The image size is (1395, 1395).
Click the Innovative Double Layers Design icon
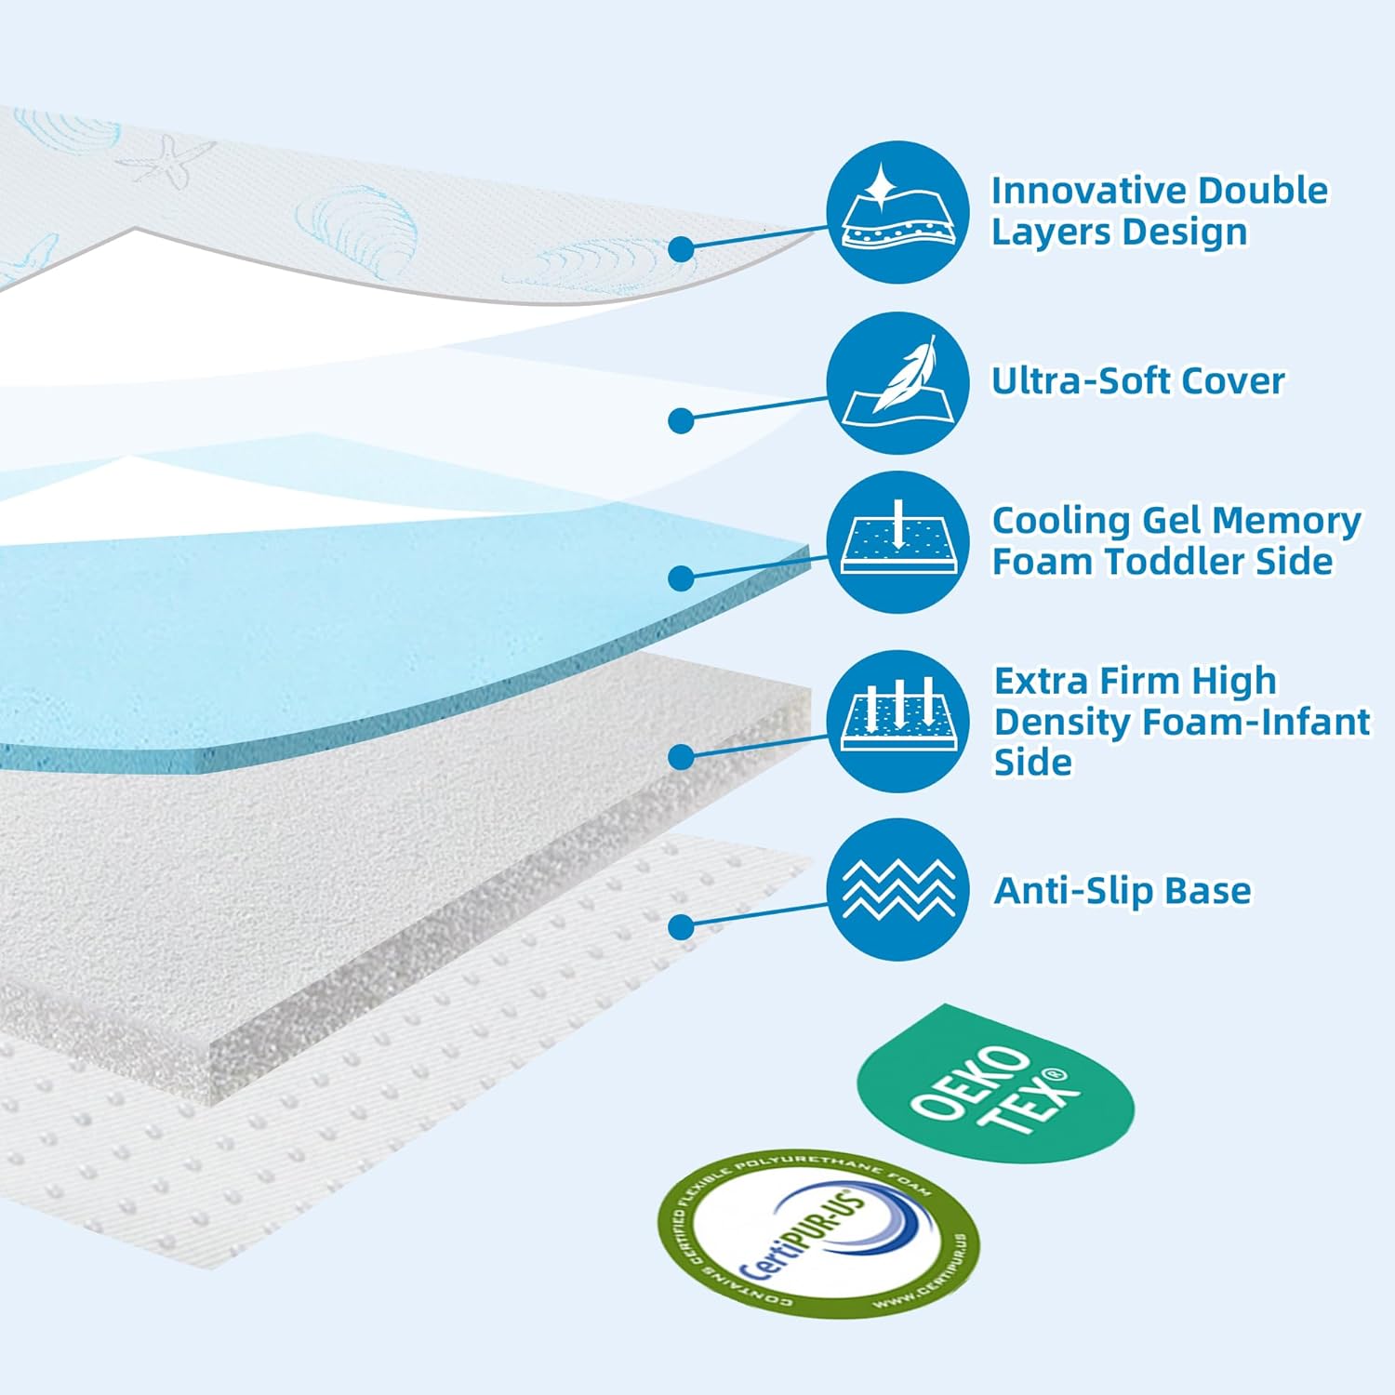tap(897, 212)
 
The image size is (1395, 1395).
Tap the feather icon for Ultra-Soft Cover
tap(897, 383)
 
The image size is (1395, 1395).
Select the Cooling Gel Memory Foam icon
tap(897, 542)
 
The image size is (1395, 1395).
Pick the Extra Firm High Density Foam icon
tap(897, 721)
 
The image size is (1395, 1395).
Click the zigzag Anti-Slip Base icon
tap(897, 890)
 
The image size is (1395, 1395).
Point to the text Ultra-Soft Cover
tap(1137, 381)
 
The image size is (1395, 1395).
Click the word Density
tap(1061, 722)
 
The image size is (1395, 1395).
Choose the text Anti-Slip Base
tap(1123, 891)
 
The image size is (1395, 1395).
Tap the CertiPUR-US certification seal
tap(817, 1232)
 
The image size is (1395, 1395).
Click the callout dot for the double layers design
tap(682, 249)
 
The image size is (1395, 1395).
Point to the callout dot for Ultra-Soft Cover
tap(682, 420)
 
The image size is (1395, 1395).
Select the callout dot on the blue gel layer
tap(682, 578)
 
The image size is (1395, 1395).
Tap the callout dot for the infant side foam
tap(682, 756)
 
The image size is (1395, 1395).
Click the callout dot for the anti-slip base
tap(682, 926)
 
